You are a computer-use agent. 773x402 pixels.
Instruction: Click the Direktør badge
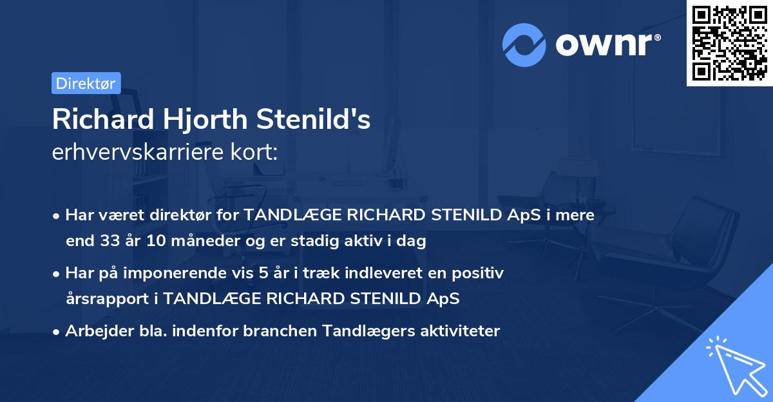tap(86, 83)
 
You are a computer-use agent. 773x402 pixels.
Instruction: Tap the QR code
tap(730, 43)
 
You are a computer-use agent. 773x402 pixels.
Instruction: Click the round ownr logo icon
tap(524, 45)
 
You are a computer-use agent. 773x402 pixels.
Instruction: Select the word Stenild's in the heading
tap(314, 119)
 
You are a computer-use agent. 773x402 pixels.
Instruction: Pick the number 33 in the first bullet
tap(110, 242)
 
